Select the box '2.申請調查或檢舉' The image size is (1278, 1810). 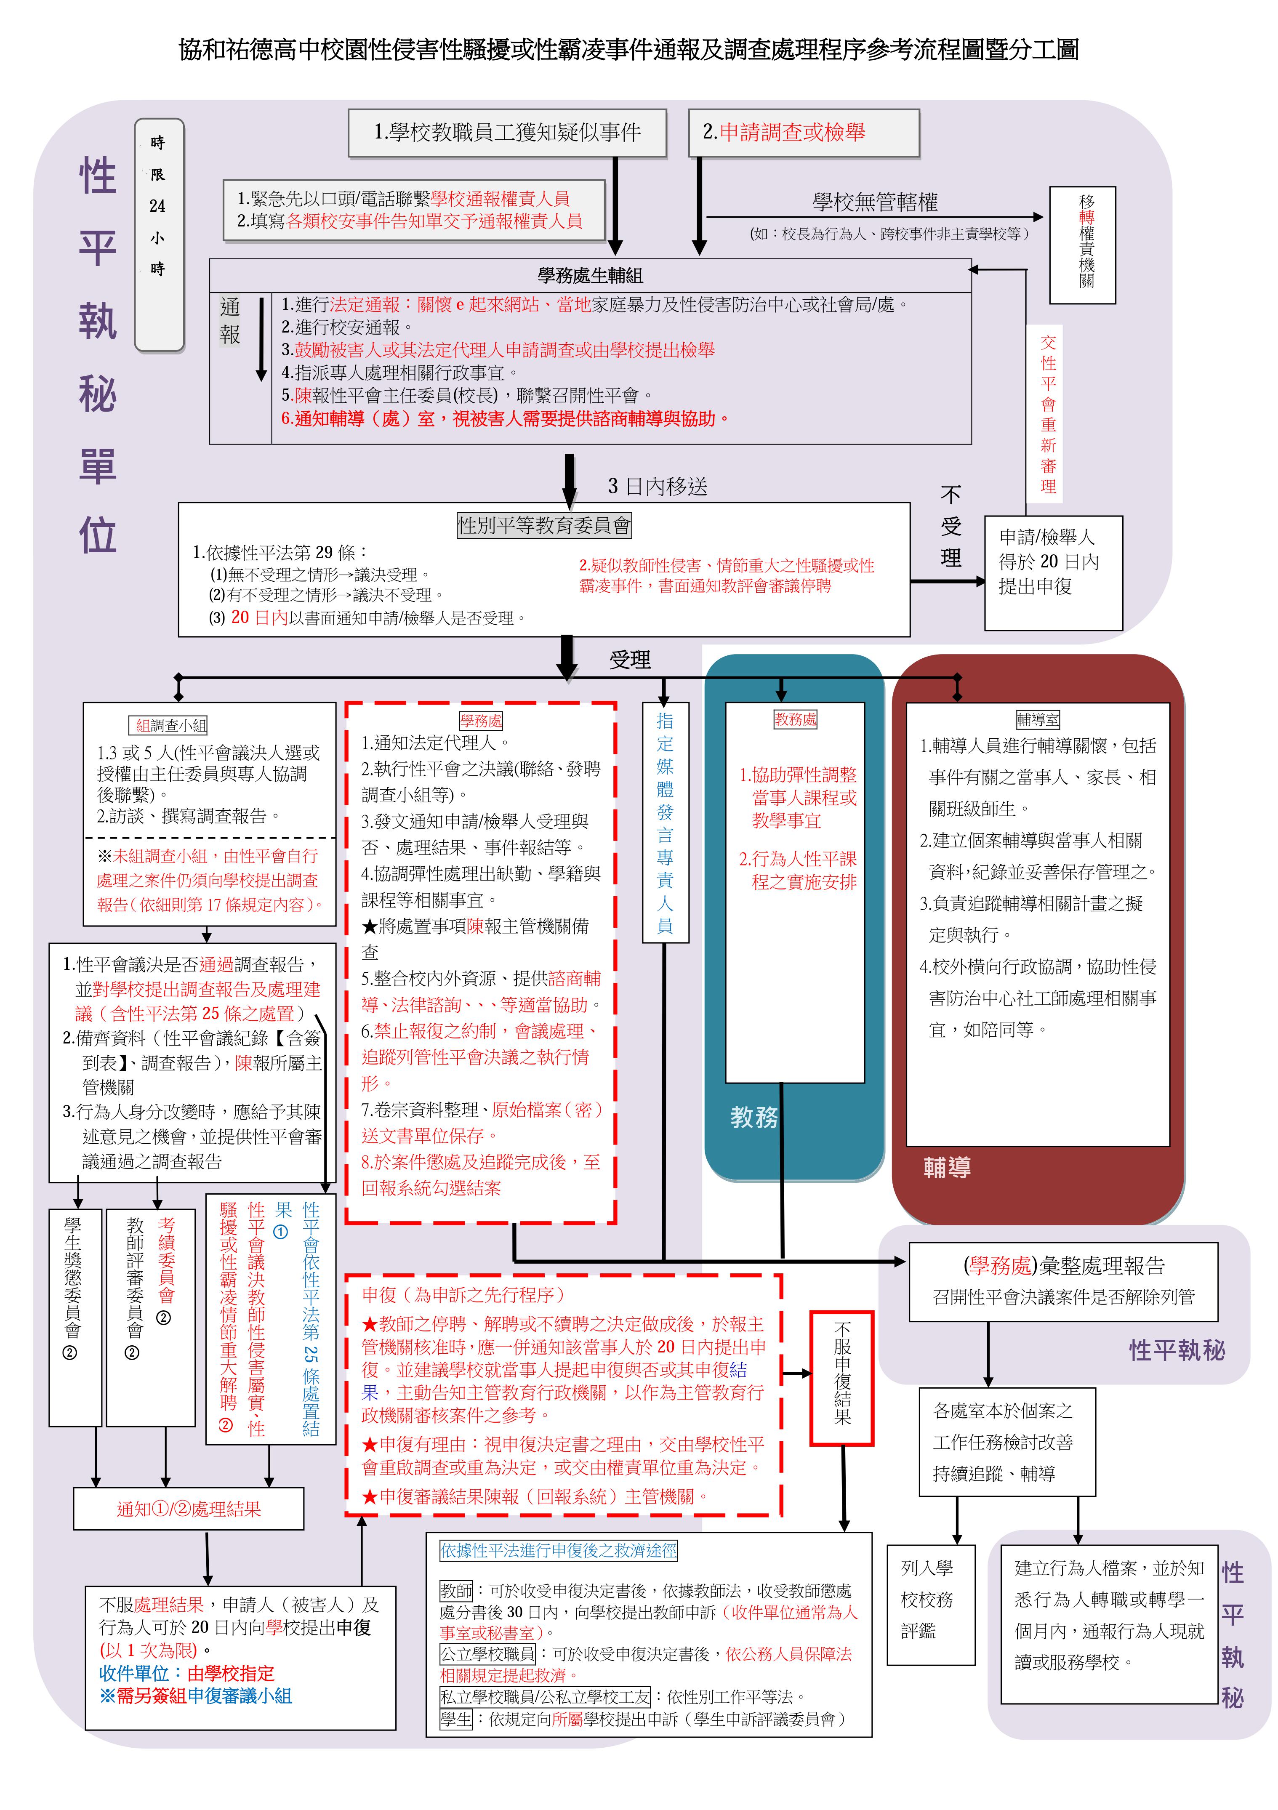[x=804, y=133]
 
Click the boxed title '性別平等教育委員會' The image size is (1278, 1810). [x=544, y=525]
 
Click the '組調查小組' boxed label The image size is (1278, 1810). [x=171, y=725]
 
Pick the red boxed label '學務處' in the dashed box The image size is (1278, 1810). [x=481, y=721]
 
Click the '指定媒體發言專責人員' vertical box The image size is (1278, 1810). [x=665, y=822]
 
